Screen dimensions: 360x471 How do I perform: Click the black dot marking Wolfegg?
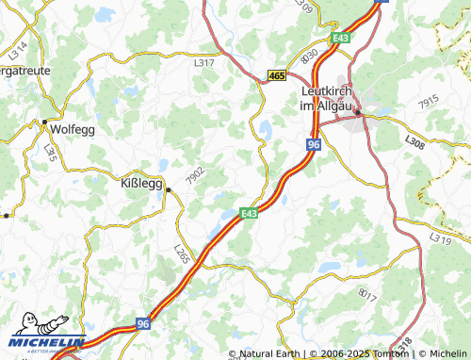pos(44,122)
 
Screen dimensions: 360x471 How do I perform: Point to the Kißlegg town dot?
pos(168,189)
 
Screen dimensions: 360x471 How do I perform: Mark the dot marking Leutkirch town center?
pos(358,115)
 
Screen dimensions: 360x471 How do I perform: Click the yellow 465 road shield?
pos(277,74)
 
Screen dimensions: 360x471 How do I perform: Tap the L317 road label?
pos(203,63)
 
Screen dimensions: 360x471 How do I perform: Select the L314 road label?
pos(19,46)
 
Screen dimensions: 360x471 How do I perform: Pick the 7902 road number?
pos(194,175)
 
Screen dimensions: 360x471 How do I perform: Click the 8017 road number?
pos(366,294)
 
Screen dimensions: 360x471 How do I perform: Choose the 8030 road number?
pos(309,56)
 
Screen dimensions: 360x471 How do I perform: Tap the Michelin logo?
pos(42,342)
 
